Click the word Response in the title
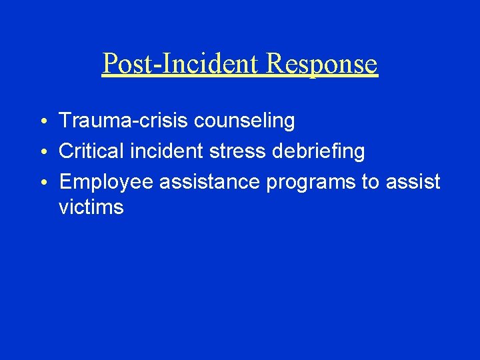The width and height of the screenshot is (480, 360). click(322, 64)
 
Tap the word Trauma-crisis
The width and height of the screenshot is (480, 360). click(125, 121)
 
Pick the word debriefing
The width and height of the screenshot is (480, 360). click(319, 152)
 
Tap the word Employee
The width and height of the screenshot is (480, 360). click(109, 183)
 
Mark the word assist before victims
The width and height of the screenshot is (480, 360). click(413, 182)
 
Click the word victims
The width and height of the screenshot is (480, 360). click(91, 207)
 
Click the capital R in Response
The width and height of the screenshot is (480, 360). click(275, 64)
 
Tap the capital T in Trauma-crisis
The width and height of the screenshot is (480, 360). click(65, 121)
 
